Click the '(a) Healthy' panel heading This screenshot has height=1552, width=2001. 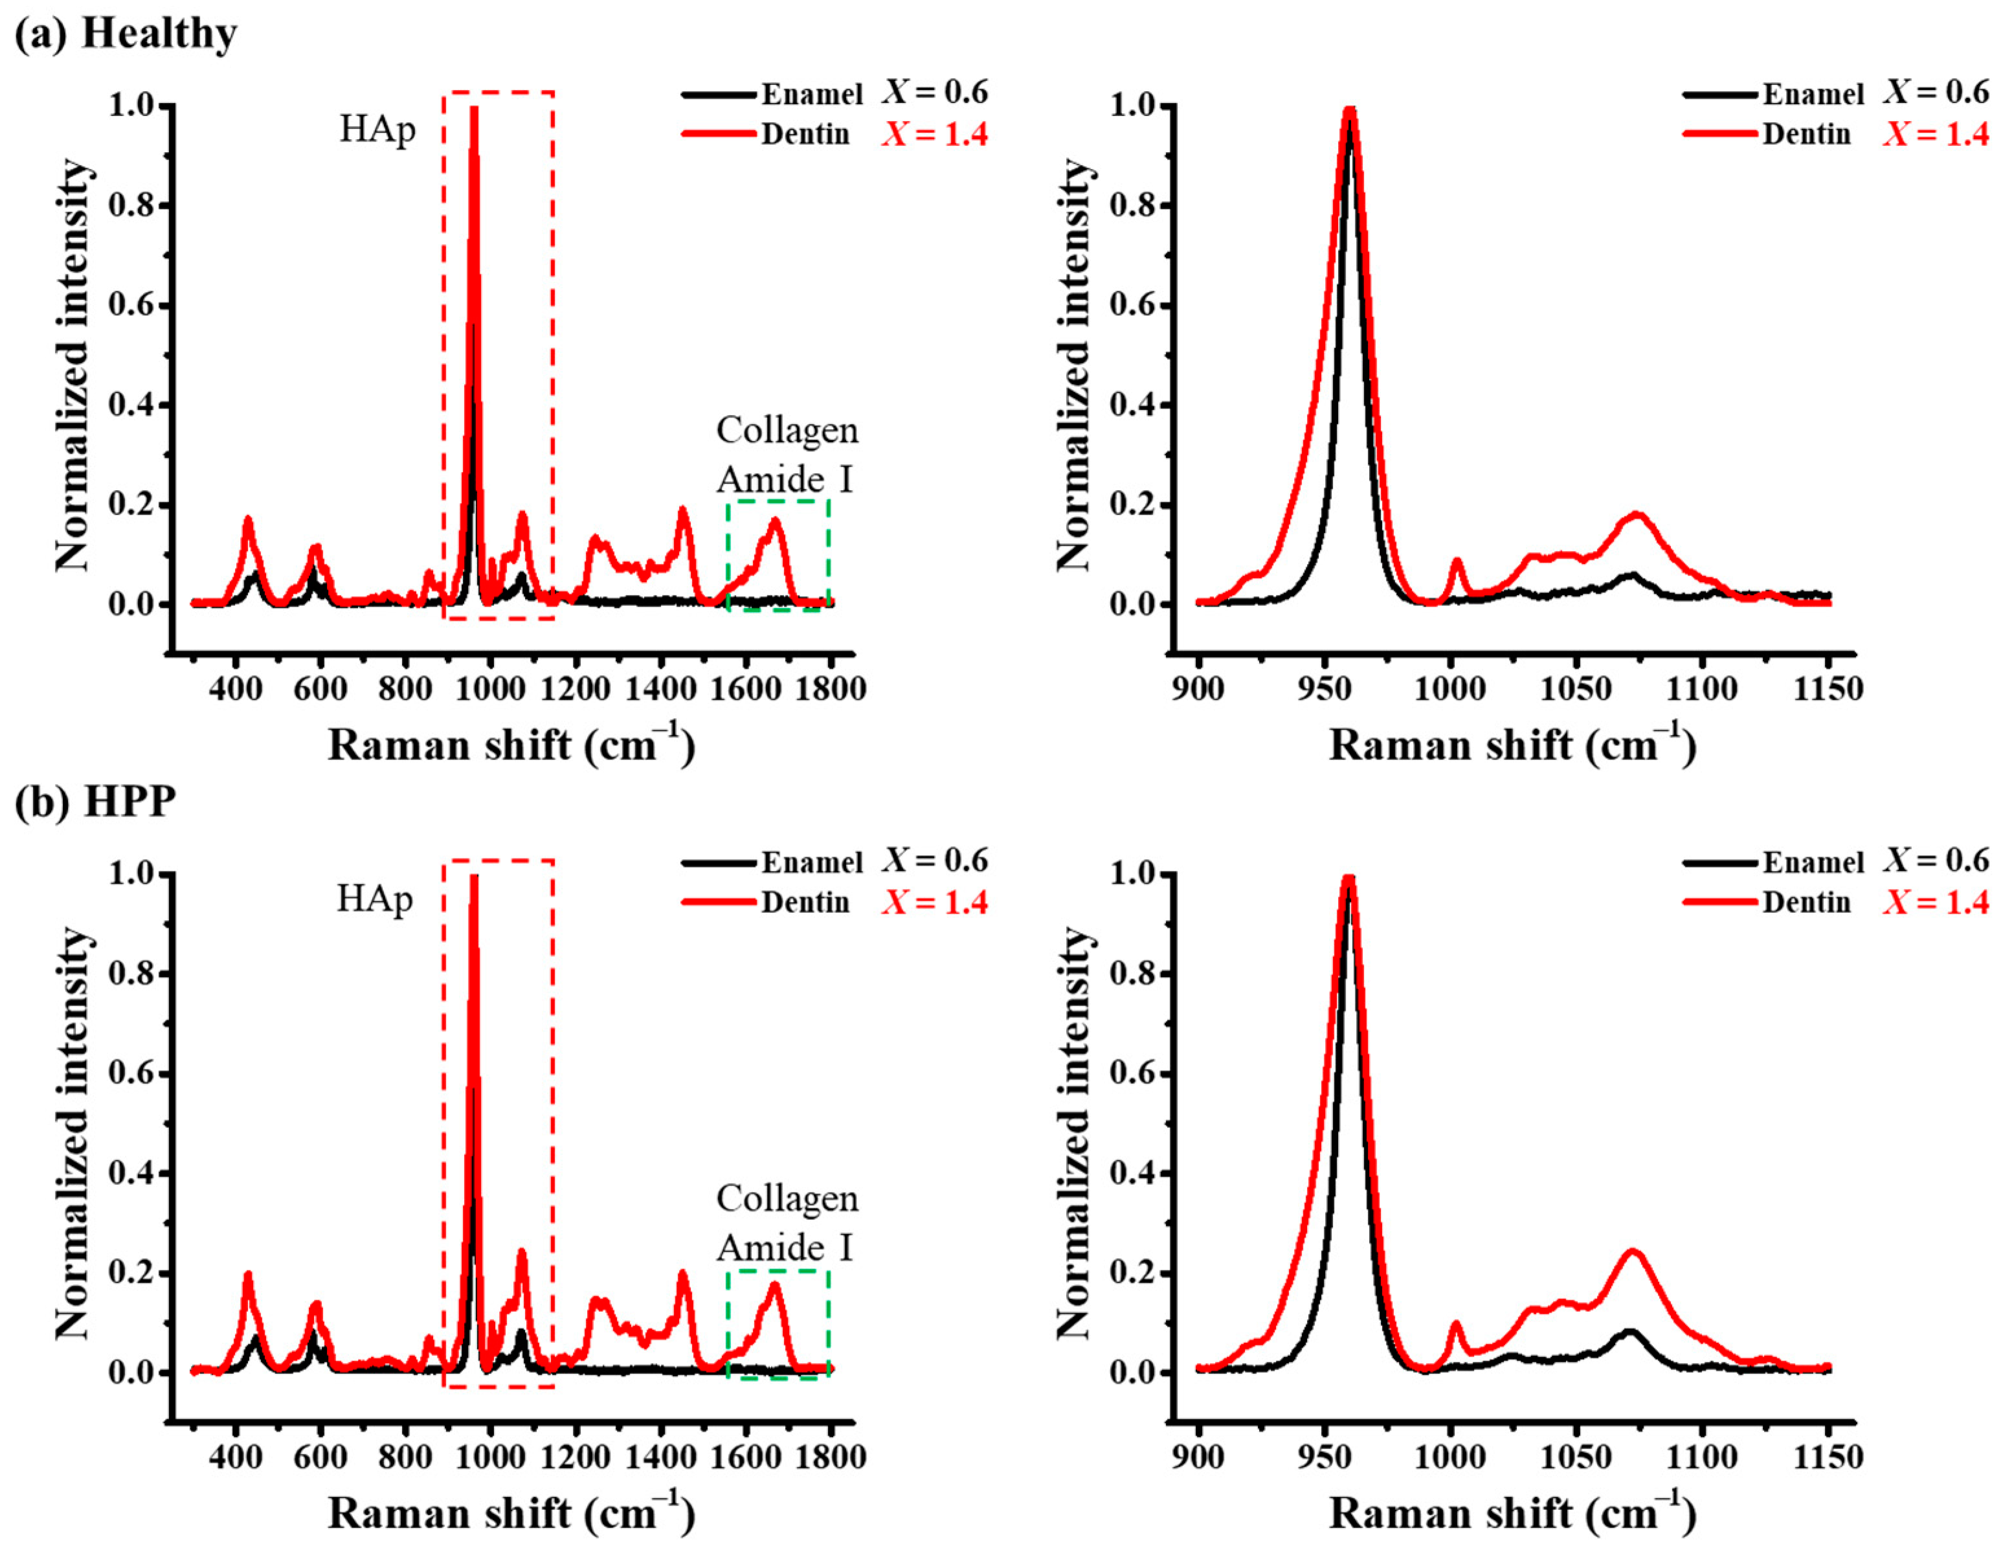[126, 34]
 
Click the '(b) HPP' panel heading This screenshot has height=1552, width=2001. [95, 801]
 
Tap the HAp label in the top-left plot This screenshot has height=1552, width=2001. [377, 130]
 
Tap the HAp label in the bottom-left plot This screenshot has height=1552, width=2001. [375, 899]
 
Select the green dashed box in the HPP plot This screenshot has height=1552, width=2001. [778, 1323]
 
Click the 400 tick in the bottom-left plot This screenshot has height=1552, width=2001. [236, 1456]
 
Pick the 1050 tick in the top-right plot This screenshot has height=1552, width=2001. [1576, 687]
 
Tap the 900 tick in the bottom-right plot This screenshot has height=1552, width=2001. [1198, 1456]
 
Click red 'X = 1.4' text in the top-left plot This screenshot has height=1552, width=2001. [935, 135]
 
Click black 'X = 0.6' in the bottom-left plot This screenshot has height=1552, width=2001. [935, 860]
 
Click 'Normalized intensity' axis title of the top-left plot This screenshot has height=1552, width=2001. [73, 366]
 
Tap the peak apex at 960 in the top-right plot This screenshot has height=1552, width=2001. [1348, 110]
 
